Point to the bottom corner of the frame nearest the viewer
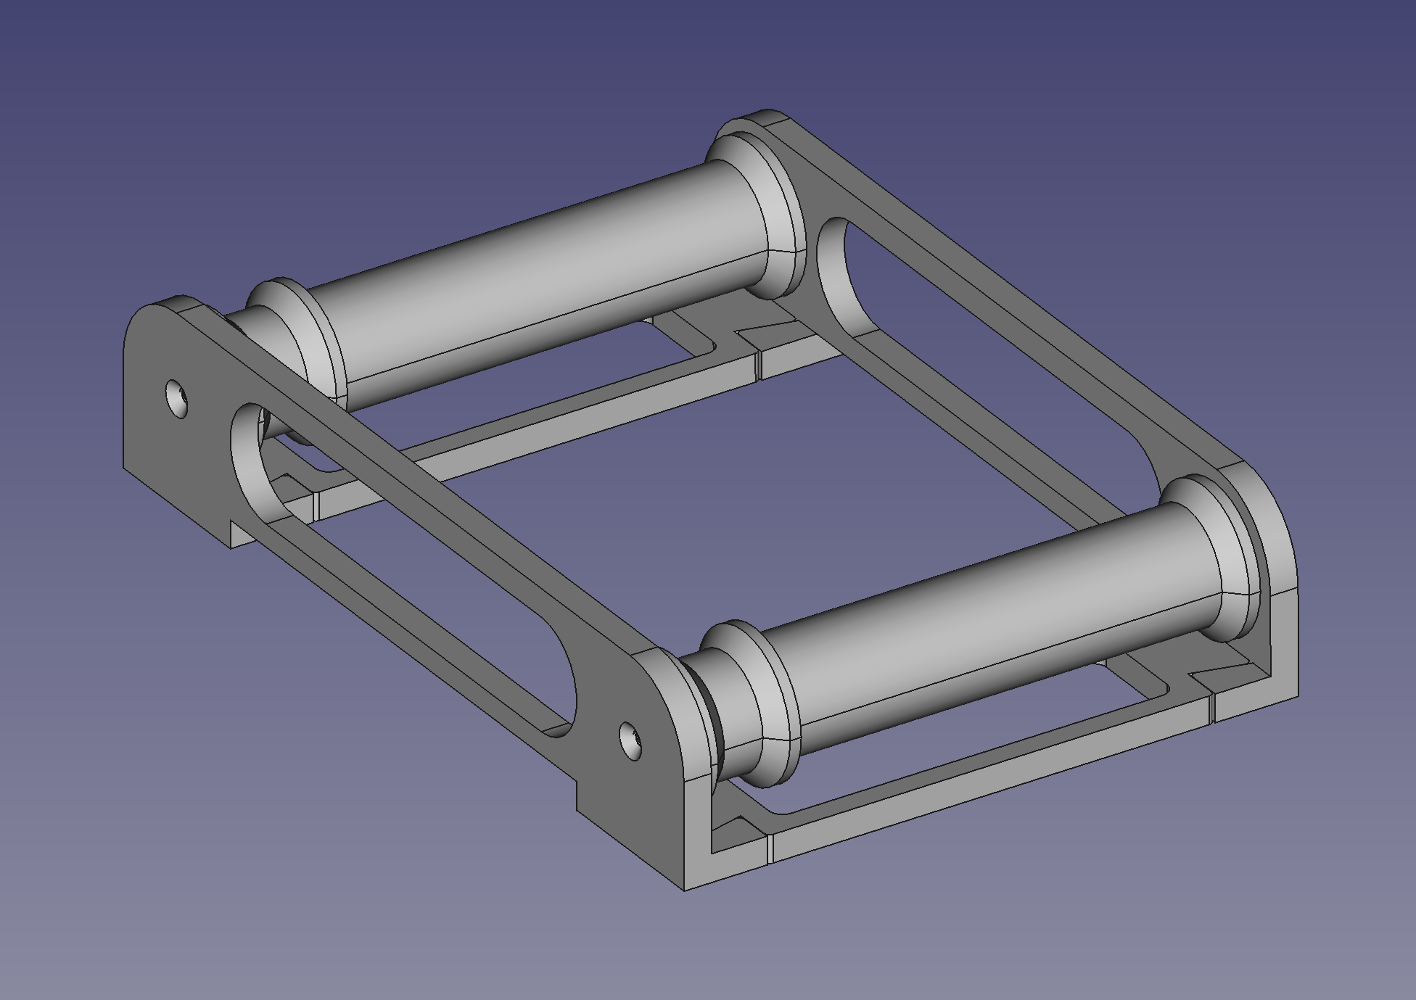(685, 889)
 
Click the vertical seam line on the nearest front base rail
(770, 848)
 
